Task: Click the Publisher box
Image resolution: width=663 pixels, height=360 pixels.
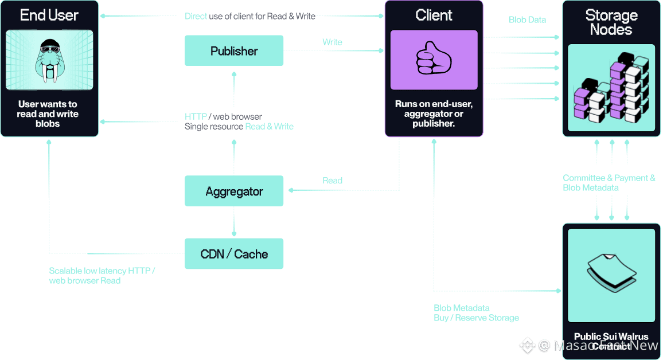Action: pyautogui.click(x=234, y=51)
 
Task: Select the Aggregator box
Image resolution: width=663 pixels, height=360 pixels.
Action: pyautogui.click(x=234, y=191)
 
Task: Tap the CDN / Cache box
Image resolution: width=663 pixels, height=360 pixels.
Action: pyautogui.click(x=234, y=254)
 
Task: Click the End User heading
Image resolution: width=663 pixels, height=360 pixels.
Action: pyautogui.click(x=49, y=15)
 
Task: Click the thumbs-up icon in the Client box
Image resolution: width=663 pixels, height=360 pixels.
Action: pyautogui.click(x=434, y=60)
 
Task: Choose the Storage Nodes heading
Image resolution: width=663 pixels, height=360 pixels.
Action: pyautogui.click(x=611, y=22)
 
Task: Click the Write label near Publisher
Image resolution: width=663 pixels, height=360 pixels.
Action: pyautogui.click(x=332, y=42)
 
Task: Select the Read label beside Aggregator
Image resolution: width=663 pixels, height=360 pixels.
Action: pyautogui.click(x=332, y=181)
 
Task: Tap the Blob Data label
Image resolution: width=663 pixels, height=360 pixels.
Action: pyautogui.click(x=527, y=19)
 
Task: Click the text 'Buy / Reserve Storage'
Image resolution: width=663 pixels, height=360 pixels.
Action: pyautogui.click(x=476, y=318)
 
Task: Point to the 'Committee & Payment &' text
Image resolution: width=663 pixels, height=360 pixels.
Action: pyautogui.click(x=609, y=178)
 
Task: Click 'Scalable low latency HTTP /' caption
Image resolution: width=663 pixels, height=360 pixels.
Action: pyautogui.click(x=102, y=271)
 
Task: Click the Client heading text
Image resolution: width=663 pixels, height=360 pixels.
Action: pyautogui.click(x=434, y=15)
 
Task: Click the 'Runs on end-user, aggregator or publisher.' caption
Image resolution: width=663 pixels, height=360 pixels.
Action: pyautogui.click(x=434, y=114)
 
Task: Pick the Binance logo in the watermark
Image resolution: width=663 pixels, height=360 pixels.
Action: pyautogui.click(x=527, y=345)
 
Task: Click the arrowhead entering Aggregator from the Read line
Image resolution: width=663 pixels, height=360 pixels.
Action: pyautogui.click(x=288, y=190)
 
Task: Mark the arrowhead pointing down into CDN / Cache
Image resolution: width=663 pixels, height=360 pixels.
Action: pyautogui.click(x=234, y=233)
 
